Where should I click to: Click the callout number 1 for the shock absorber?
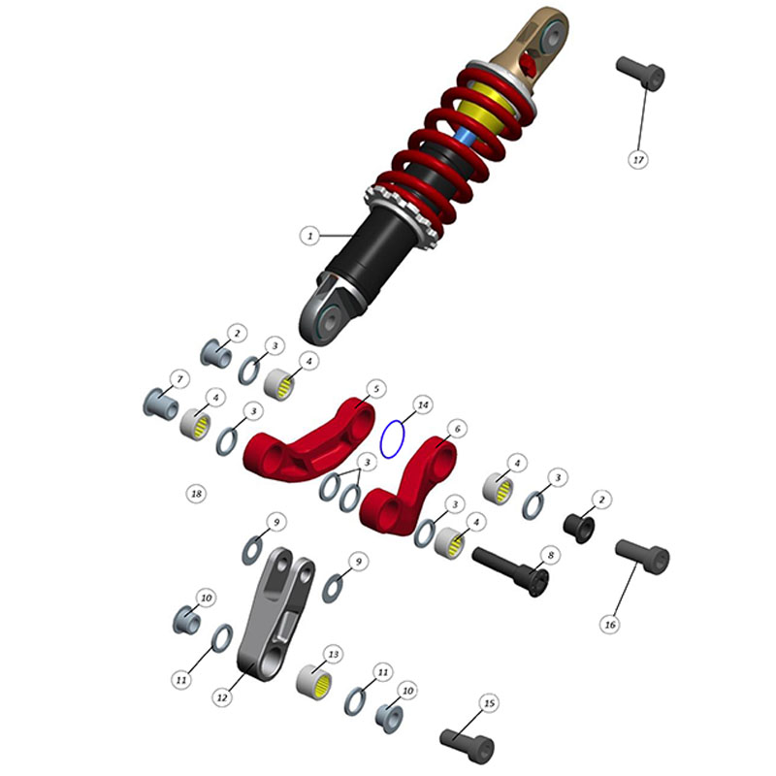click(310, 235)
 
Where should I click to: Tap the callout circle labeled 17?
click(638, 160)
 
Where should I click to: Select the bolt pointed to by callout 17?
click(640, 74)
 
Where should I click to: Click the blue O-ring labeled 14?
click(393, 439)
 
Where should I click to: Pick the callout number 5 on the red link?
click(376, 389)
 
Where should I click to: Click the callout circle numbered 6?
click(457, 429)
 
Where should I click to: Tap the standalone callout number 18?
click(197, 494)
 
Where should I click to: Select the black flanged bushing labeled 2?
click(579, 529)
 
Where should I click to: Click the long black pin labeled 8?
click(511, 570)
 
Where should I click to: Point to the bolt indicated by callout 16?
click(642, 557)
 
